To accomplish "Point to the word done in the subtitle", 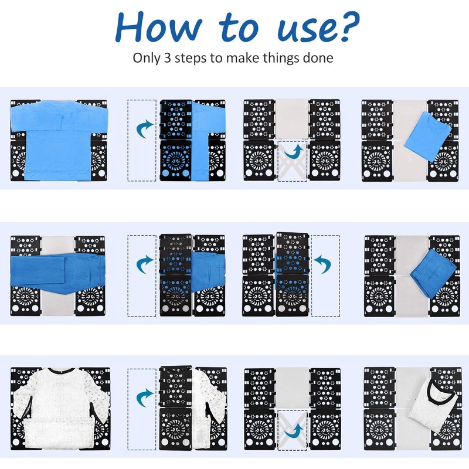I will pyautogui.click(x=320, y=58).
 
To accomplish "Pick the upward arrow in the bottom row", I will pyautogui.click(x=293, y=432).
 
